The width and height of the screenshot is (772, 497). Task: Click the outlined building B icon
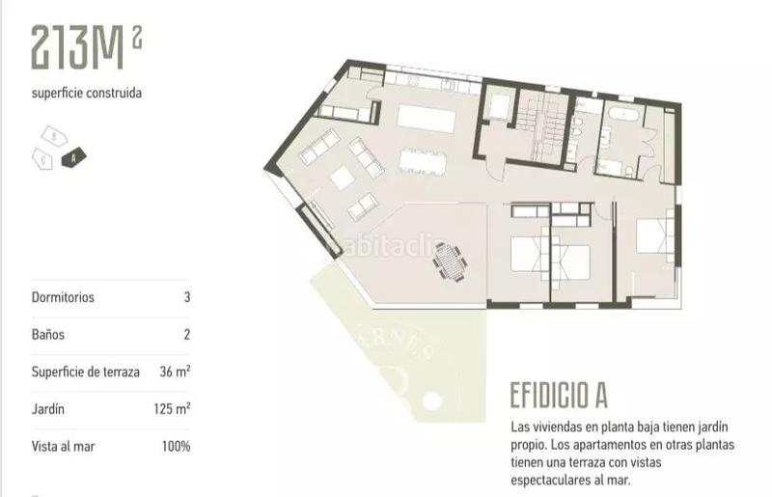(55, 136)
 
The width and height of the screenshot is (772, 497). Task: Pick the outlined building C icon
(41, 155)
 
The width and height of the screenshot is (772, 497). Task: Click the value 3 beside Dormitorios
(186, 297)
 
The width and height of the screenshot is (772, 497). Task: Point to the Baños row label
(48, 334)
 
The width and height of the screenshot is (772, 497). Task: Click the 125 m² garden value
(171, 408)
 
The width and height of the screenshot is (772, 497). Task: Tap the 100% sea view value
(176, 446)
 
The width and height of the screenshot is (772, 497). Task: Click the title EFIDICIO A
(558, 397)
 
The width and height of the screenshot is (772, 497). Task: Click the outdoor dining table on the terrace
(450, 260)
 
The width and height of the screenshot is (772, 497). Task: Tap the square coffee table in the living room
(343, 178)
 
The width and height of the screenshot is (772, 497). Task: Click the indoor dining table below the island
(426, 159)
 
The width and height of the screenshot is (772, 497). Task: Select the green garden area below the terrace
(405, 357)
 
